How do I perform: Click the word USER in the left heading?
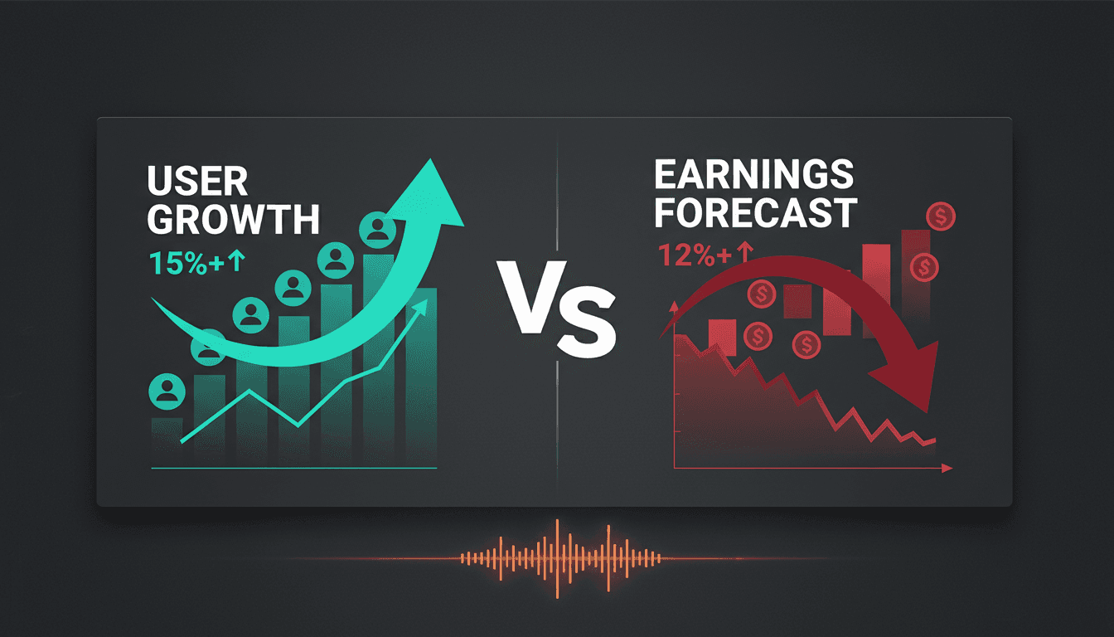click(197, 182)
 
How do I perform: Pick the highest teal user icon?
click(378, 230)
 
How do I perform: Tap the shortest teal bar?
click(167, 440)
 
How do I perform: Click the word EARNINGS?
click(753, 176)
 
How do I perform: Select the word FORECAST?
click(754, 213)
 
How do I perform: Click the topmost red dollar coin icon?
click(942, 218)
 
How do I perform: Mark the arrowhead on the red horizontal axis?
click(947, 469)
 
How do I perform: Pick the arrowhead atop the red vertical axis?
click(675, 309)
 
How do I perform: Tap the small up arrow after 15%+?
click(237, 263)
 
